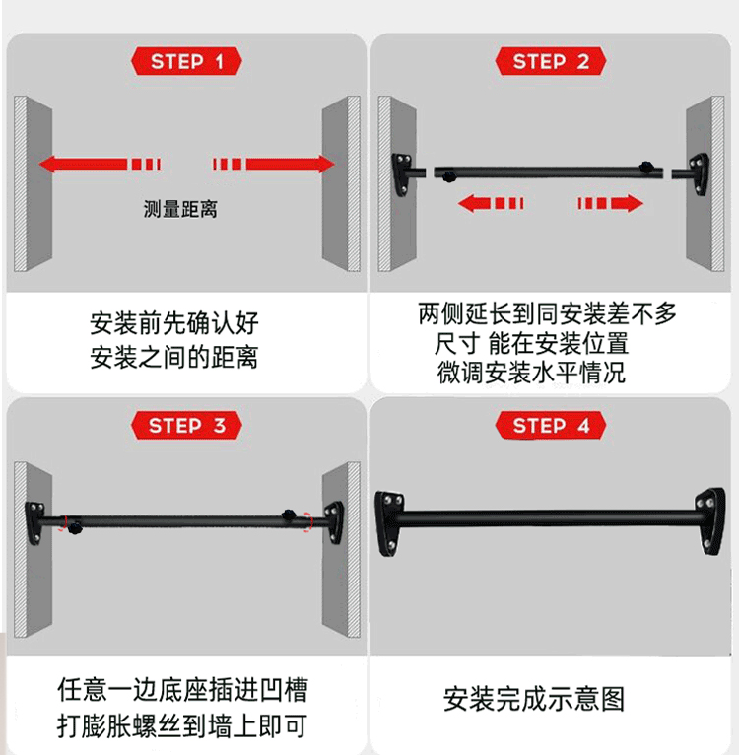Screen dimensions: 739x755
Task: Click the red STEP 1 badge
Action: (186, 61)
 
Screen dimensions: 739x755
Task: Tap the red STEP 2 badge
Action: (550, 61)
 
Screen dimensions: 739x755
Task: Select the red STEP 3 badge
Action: (186, 425)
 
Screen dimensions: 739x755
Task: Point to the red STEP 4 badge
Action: (550, 425)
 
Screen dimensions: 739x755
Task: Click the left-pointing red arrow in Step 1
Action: (100, 164)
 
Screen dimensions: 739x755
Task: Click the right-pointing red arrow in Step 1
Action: (274, 164)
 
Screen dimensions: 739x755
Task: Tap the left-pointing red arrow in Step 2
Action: (491, 203)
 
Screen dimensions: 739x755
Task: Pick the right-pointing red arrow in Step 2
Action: (611, 203)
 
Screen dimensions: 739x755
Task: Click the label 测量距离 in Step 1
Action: (180, 210)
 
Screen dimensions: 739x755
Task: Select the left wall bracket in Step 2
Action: (401, 174)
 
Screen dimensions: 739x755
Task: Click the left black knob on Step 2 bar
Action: (448, 176)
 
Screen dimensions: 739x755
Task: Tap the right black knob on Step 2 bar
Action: (645, 168)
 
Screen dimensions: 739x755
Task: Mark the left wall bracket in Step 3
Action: (34, 523)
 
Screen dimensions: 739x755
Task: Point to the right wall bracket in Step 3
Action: (334, 522)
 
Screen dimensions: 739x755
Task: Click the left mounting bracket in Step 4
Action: (389, 524)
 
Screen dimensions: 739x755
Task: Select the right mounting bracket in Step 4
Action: (710, 521)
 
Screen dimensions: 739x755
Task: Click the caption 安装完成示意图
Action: (534, 699)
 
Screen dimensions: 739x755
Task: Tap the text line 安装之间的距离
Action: (174, 357)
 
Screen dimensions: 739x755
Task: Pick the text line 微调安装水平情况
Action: (531, 373)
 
